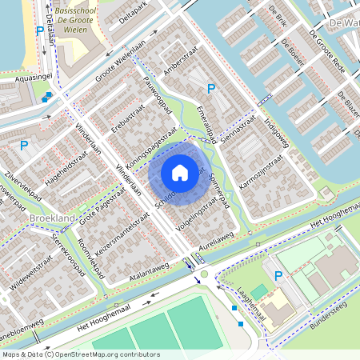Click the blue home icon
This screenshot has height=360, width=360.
pos(180,172)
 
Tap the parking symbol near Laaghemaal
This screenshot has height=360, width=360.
pos(278,276)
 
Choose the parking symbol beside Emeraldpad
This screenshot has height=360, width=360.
pos(211,90)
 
